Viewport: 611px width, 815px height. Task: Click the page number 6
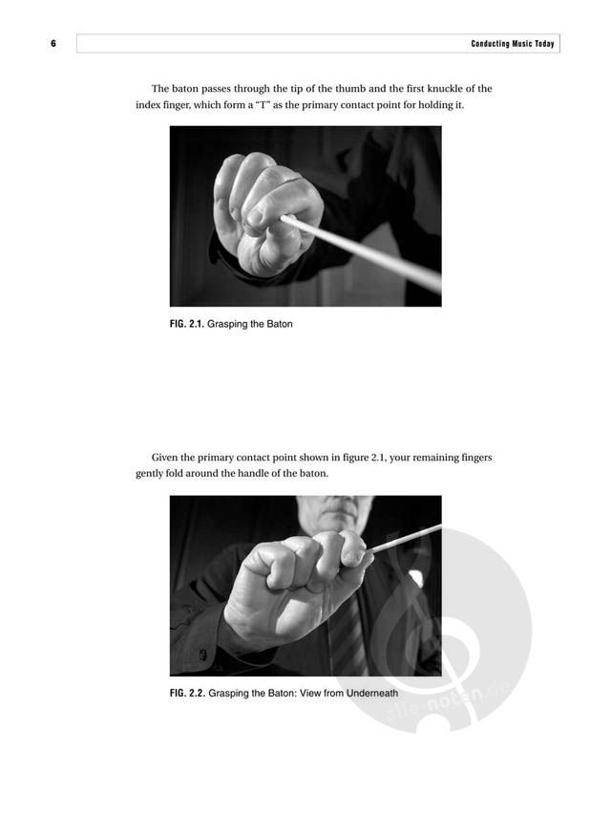[53, 44]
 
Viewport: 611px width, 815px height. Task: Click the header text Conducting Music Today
[513, 44]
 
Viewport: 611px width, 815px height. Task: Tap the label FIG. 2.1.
[187, 324]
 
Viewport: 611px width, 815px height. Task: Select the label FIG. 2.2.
[187, 694]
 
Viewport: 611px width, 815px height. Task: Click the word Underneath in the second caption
[372, 694]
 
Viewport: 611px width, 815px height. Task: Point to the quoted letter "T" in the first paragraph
[261, 104]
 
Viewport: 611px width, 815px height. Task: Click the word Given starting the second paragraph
[165, 458]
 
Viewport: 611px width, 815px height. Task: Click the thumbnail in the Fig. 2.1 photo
[255, 217]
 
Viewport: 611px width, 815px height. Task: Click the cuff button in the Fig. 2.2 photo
[202, 654]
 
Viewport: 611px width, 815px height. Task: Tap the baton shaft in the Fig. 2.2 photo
[405, 539]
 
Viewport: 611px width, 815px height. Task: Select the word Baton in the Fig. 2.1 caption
[280, 324]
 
